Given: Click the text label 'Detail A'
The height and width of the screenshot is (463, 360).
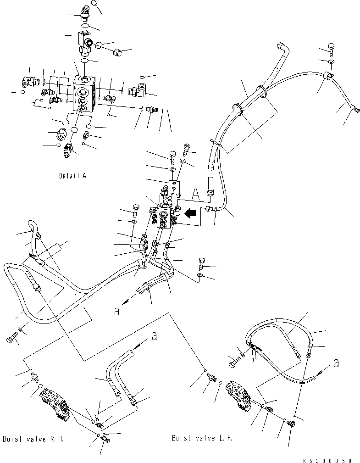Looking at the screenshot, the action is (72, 176).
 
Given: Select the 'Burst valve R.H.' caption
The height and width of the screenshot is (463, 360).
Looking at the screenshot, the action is (33, 439).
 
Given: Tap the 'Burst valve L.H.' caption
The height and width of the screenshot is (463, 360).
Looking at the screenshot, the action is (202, 438).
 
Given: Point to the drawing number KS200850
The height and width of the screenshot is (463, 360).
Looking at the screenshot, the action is (327, 460).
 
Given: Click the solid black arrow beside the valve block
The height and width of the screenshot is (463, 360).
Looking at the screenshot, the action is (190, 213).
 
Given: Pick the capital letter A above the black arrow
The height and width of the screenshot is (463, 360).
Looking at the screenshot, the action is (196, 194).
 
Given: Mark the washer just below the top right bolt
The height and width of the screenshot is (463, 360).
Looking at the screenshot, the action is (331, 61).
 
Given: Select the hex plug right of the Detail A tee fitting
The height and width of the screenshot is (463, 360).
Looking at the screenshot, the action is (117, 52).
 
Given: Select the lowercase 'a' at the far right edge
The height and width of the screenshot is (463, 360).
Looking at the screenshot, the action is (336, 363).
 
